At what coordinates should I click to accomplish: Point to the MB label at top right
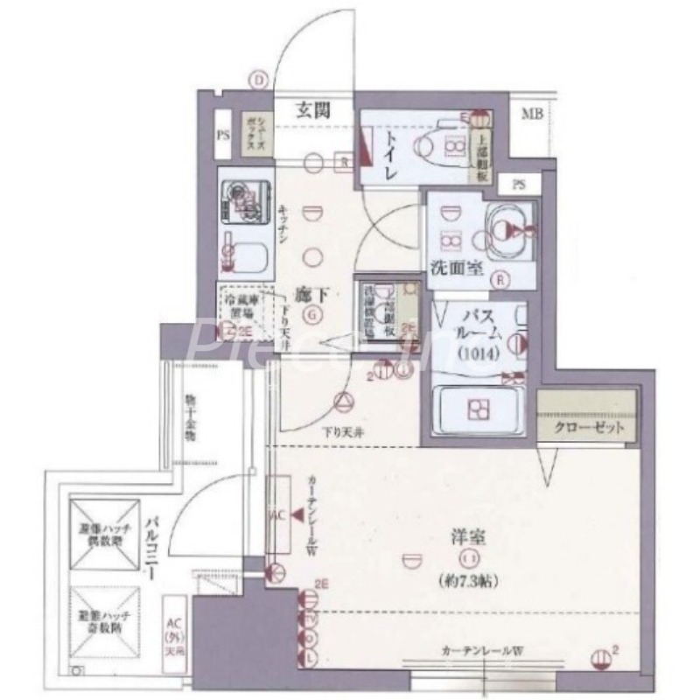tap(531, 113)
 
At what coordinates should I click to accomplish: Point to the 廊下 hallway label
tap(307, 296)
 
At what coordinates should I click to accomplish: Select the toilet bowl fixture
tap(442, 144)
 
